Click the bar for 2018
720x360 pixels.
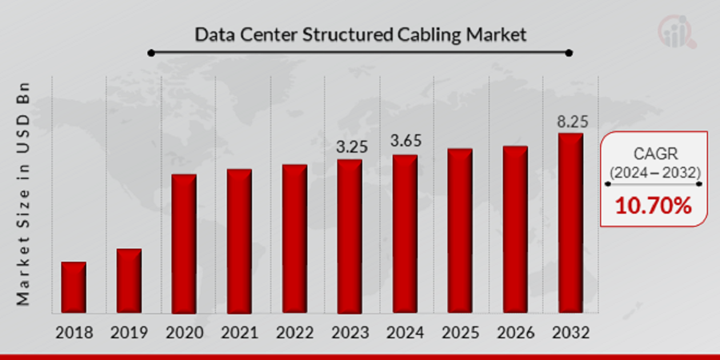click(74, 287)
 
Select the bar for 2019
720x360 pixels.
click(129, 281)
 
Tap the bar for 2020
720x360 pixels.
click(184, 244)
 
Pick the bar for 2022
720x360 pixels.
click(294, 239)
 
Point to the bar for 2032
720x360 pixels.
click(571, 223)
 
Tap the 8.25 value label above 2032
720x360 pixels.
click(572, 121)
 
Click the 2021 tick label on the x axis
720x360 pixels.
click(239, 333)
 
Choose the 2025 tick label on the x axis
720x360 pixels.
click(460, 333)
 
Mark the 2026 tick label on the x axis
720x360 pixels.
click(515, 333)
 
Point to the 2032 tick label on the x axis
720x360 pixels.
click(570, 333)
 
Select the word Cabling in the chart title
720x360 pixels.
click(427, 35)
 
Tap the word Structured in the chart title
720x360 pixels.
click(347, 35)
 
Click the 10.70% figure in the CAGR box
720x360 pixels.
click(653, 206)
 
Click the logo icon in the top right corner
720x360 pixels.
click(677, 32)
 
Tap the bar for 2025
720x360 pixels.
click(460, 231)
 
